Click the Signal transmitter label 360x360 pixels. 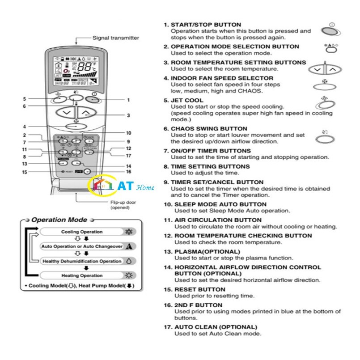(115, 38)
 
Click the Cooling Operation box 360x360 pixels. (81, 232)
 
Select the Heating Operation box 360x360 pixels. (81, 275)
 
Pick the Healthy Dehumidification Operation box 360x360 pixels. (81, 261)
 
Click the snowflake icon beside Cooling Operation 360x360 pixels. (129, 232)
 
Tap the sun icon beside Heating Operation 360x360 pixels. (129, 275)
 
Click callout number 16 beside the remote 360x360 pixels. (128, 171)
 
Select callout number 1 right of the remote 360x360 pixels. (128, 100)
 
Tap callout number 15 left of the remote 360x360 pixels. (25, 172)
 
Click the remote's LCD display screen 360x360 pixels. (76, 71)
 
